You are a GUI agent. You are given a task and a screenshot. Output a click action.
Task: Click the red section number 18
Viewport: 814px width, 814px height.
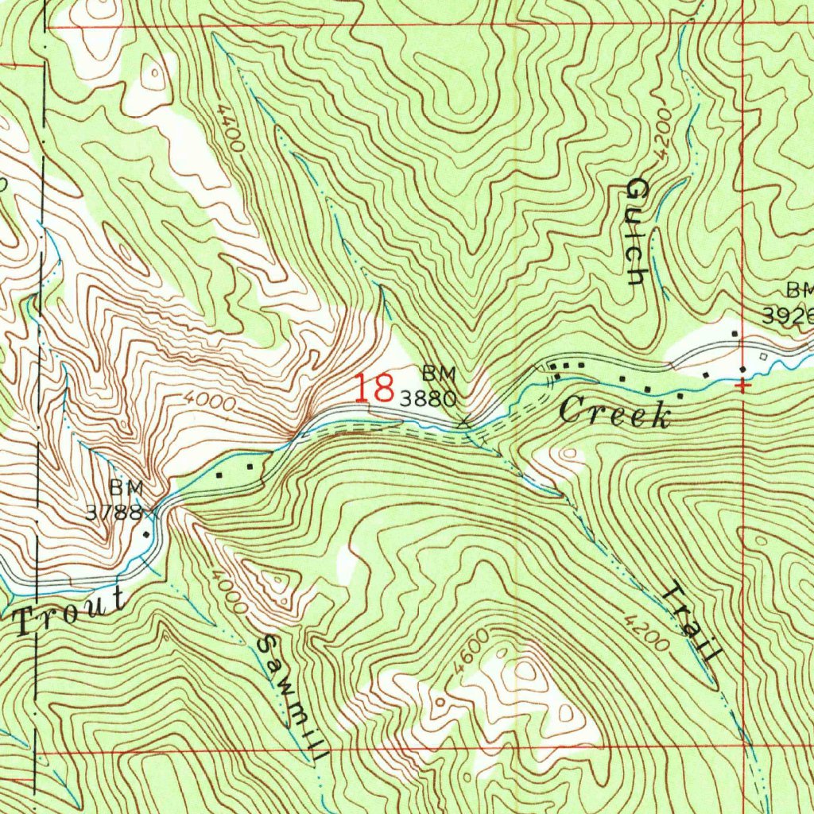click(374, 389)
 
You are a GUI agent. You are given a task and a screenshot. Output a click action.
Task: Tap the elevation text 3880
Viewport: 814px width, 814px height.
click(428, 399)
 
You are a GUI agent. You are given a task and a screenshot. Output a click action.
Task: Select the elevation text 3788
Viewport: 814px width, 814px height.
click(114, 511)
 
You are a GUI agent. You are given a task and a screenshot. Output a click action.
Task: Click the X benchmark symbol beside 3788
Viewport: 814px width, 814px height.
click(152, 513)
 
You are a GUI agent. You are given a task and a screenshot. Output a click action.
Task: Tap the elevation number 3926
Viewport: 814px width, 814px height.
click(788, 316)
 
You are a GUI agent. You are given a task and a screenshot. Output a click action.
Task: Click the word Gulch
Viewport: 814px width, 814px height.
click(637, 231)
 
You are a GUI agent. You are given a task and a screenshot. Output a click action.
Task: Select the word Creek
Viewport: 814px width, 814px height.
click(614, 413)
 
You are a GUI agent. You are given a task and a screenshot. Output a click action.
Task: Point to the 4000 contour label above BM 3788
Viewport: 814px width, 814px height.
click(207, 402)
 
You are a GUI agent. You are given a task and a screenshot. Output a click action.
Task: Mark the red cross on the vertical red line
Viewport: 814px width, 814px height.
click(742, 386)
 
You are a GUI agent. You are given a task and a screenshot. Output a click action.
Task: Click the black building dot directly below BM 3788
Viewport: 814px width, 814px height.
click(146, 535)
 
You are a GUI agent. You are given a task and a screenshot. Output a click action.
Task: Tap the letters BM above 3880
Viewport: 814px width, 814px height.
click(439, 372)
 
